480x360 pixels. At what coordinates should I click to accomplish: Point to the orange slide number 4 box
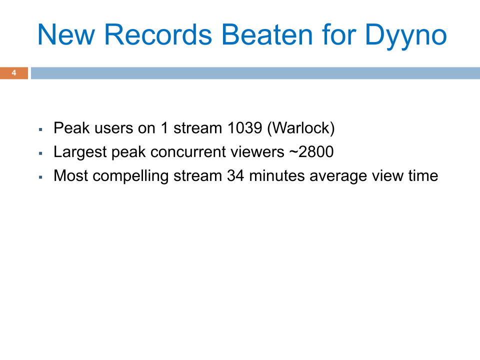coord(14,73)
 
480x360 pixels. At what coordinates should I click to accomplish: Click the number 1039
coord(245,128)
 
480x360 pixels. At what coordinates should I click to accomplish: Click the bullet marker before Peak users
coord(40,129)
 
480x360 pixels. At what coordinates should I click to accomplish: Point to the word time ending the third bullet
coord(421,176)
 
